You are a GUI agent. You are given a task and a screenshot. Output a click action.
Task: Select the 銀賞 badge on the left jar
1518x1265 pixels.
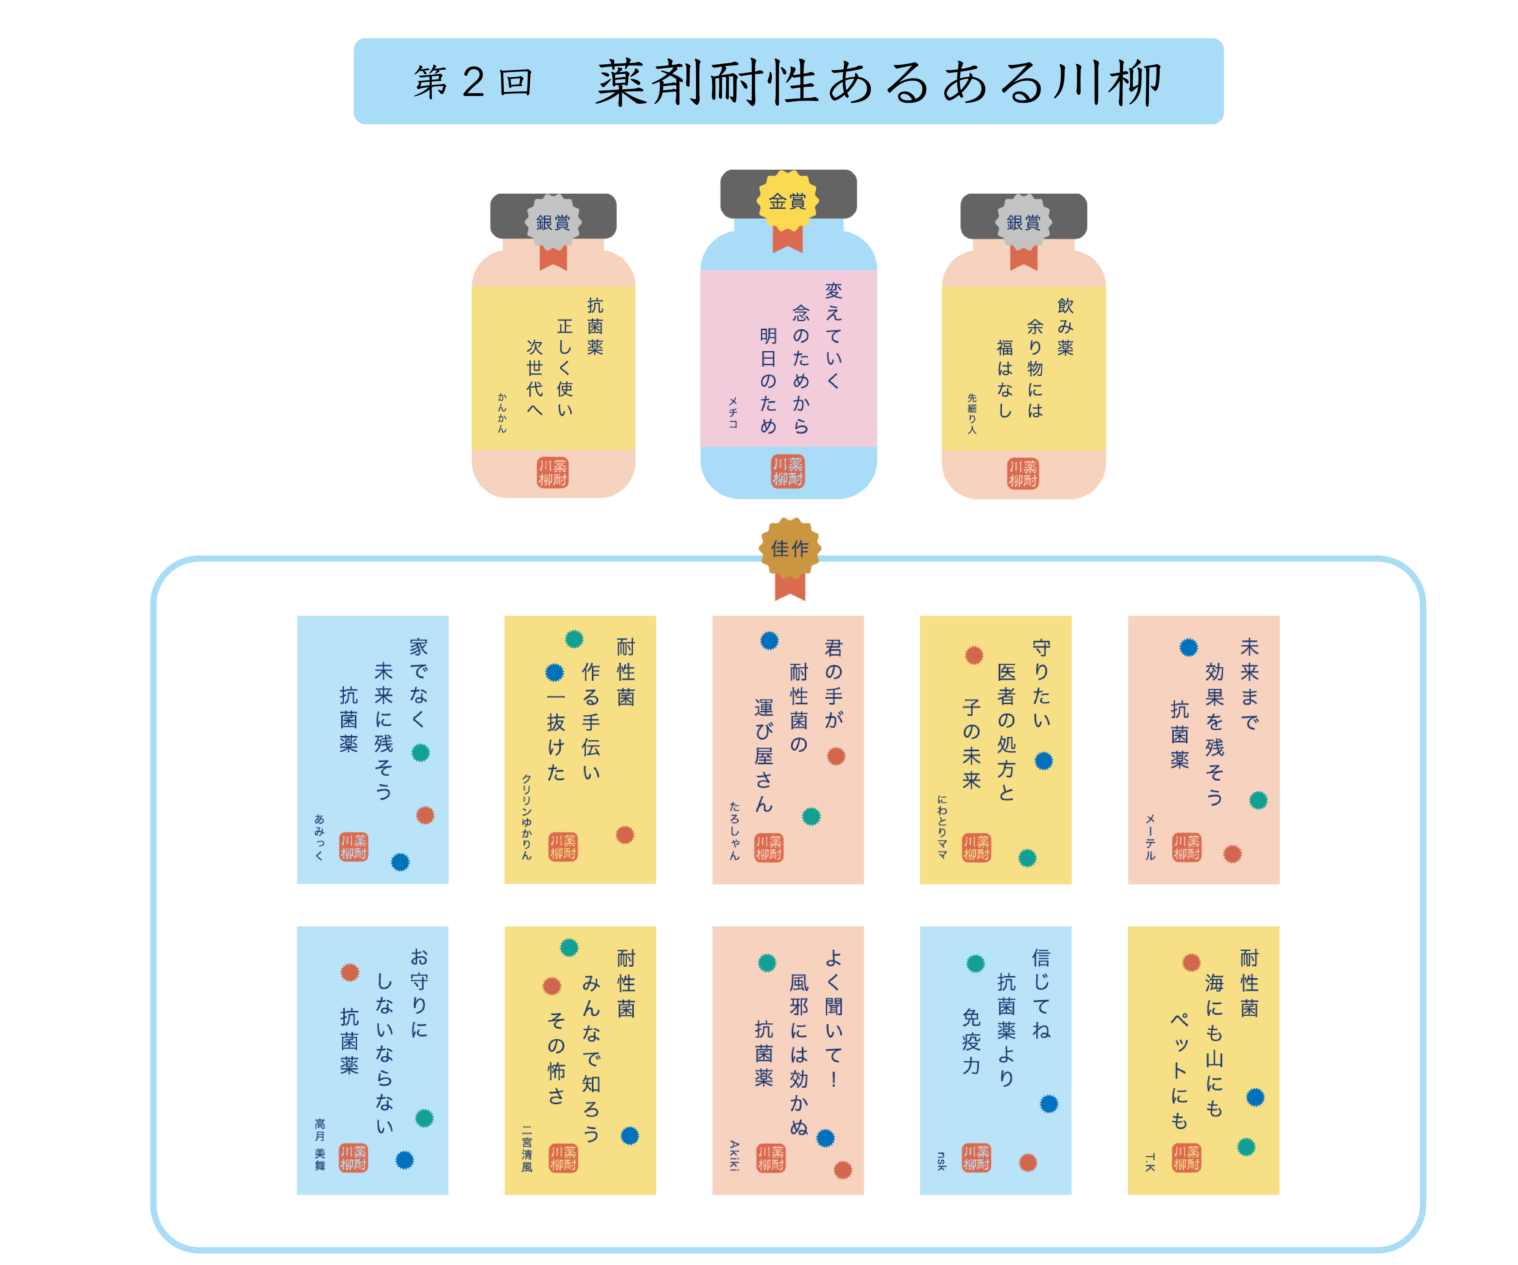click(x=553, y=222)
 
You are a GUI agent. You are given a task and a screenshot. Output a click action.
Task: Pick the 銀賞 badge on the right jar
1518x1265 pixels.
click(x=1024, y=222)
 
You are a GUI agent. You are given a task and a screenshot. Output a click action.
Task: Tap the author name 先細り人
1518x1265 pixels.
click(x=972, y=413)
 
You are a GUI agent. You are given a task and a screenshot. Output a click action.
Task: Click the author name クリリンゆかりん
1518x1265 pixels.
click(x=526, y=817)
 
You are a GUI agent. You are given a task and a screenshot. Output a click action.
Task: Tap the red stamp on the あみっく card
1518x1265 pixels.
click(x=354, y=846)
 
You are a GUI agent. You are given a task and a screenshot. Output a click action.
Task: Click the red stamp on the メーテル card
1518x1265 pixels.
click(x=1186, y=847)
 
